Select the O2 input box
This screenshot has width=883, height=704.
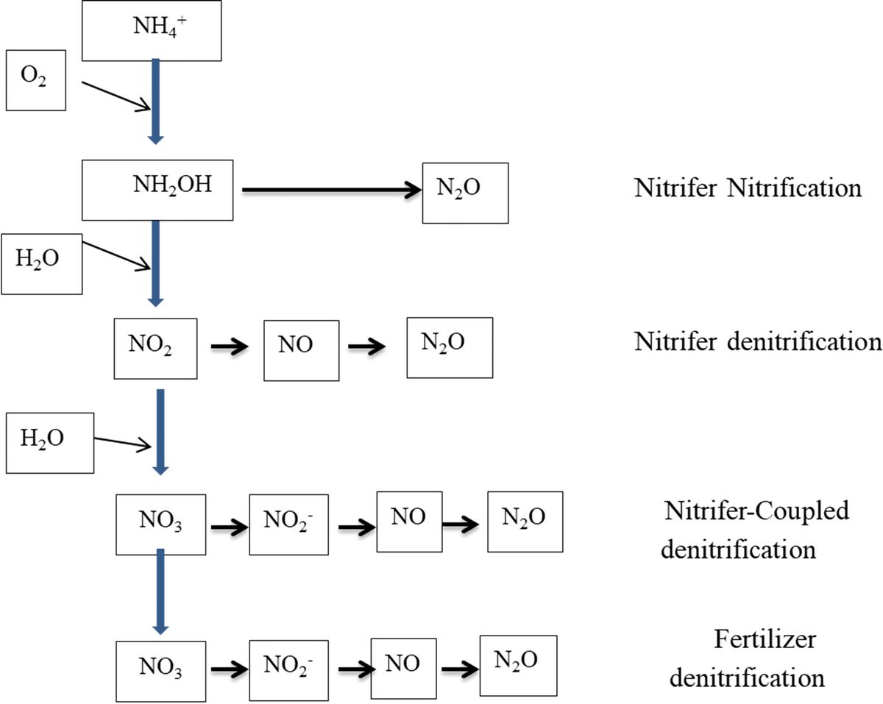[38, 79]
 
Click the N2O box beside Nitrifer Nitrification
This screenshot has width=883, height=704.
[465, 193]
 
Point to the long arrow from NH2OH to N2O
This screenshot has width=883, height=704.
[331, 191]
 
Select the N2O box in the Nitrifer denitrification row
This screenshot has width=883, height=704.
[450, 346]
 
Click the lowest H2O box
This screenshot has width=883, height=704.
[50, 442]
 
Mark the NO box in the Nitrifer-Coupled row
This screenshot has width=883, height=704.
[409, 521]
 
